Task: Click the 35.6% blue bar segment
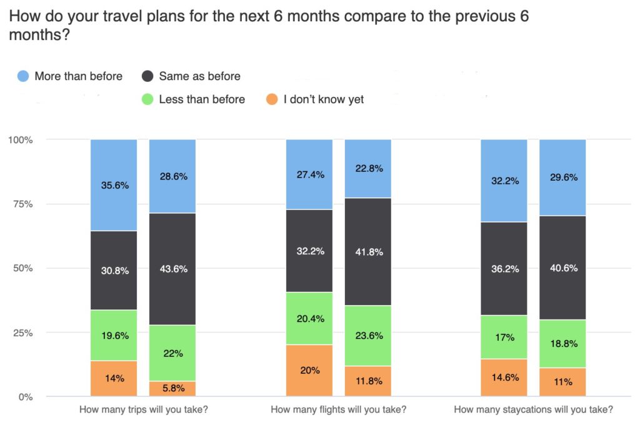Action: (113, 185)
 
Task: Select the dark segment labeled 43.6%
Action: (172, 269)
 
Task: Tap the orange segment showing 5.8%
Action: (172, 388)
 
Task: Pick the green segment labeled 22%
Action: (172, 353)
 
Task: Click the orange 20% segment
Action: (309, 370)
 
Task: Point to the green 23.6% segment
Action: (367, 335)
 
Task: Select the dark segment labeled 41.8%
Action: (367, 252)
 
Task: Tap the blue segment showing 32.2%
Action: (504, 181)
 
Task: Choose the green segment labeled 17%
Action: (504, 337)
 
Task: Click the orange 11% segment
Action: (562, 382)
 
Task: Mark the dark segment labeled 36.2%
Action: (504, 269)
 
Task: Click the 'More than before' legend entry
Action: (70, 76)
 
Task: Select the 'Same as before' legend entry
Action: (191, 76)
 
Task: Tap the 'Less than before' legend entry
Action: (193, 99)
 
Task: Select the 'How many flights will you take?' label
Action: (338, 410)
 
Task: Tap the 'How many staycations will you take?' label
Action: (533, 410)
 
